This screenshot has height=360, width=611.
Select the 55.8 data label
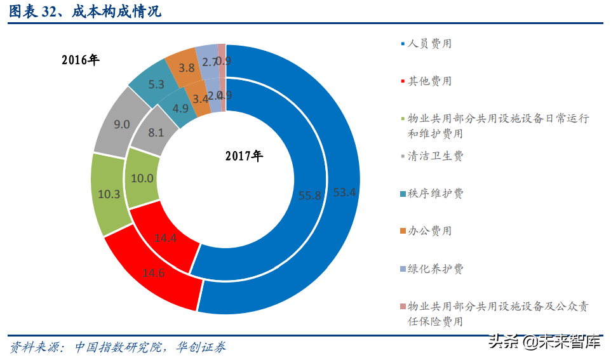coord(310,196)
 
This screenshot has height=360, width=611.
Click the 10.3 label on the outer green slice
coord(110,194)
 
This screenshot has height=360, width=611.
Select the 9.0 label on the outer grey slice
coord(121,124)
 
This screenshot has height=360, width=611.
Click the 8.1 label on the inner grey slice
coord(155,133)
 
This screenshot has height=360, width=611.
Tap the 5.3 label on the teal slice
coord(156,84)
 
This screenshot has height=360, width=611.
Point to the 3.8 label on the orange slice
coord(187,67)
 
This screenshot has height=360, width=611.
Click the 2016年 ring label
coord(81,60)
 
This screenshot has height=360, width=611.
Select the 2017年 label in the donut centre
coord(243,156)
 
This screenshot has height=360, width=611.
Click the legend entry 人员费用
coord(429,44)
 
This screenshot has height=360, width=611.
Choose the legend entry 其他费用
coord(429,81)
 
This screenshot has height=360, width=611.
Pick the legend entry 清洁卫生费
coord(435,156)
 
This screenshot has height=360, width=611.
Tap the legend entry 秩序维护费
coord(435,194)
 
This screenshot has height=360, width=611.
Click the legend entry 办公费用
coord(429,231)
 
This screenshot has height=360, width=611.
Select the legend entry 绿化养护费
coord(435,269)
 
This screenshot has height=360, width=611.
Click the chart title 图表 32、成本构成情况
coord(85,11)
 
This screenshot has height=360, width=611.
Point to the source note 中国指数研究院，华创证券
coord(150,347)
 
